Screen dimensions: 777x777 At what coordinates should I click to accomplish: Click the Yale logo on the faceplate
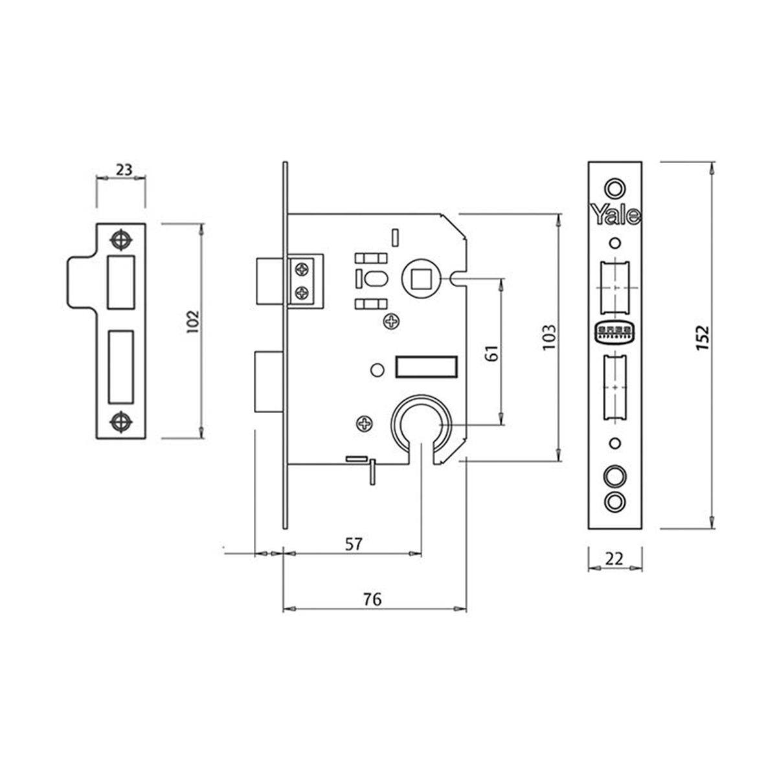pos(615,215)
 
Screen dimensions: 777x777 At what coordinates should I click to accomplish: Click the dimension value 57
pos(352,544)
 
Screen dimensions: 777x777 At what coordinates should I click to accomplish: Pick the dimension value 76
pos(372,600)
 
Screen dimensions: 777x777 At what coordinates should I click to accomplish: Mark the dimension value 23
pos(124,170)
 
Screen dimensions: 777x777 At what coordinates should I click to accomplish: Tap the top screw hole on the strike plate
pos(120,240)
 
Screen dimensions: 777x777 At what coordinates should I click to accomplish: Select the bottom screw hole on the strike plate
pos(120,422)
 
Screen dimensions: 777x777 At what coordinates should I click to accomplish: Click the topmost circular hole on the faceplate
pos(614,188)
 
